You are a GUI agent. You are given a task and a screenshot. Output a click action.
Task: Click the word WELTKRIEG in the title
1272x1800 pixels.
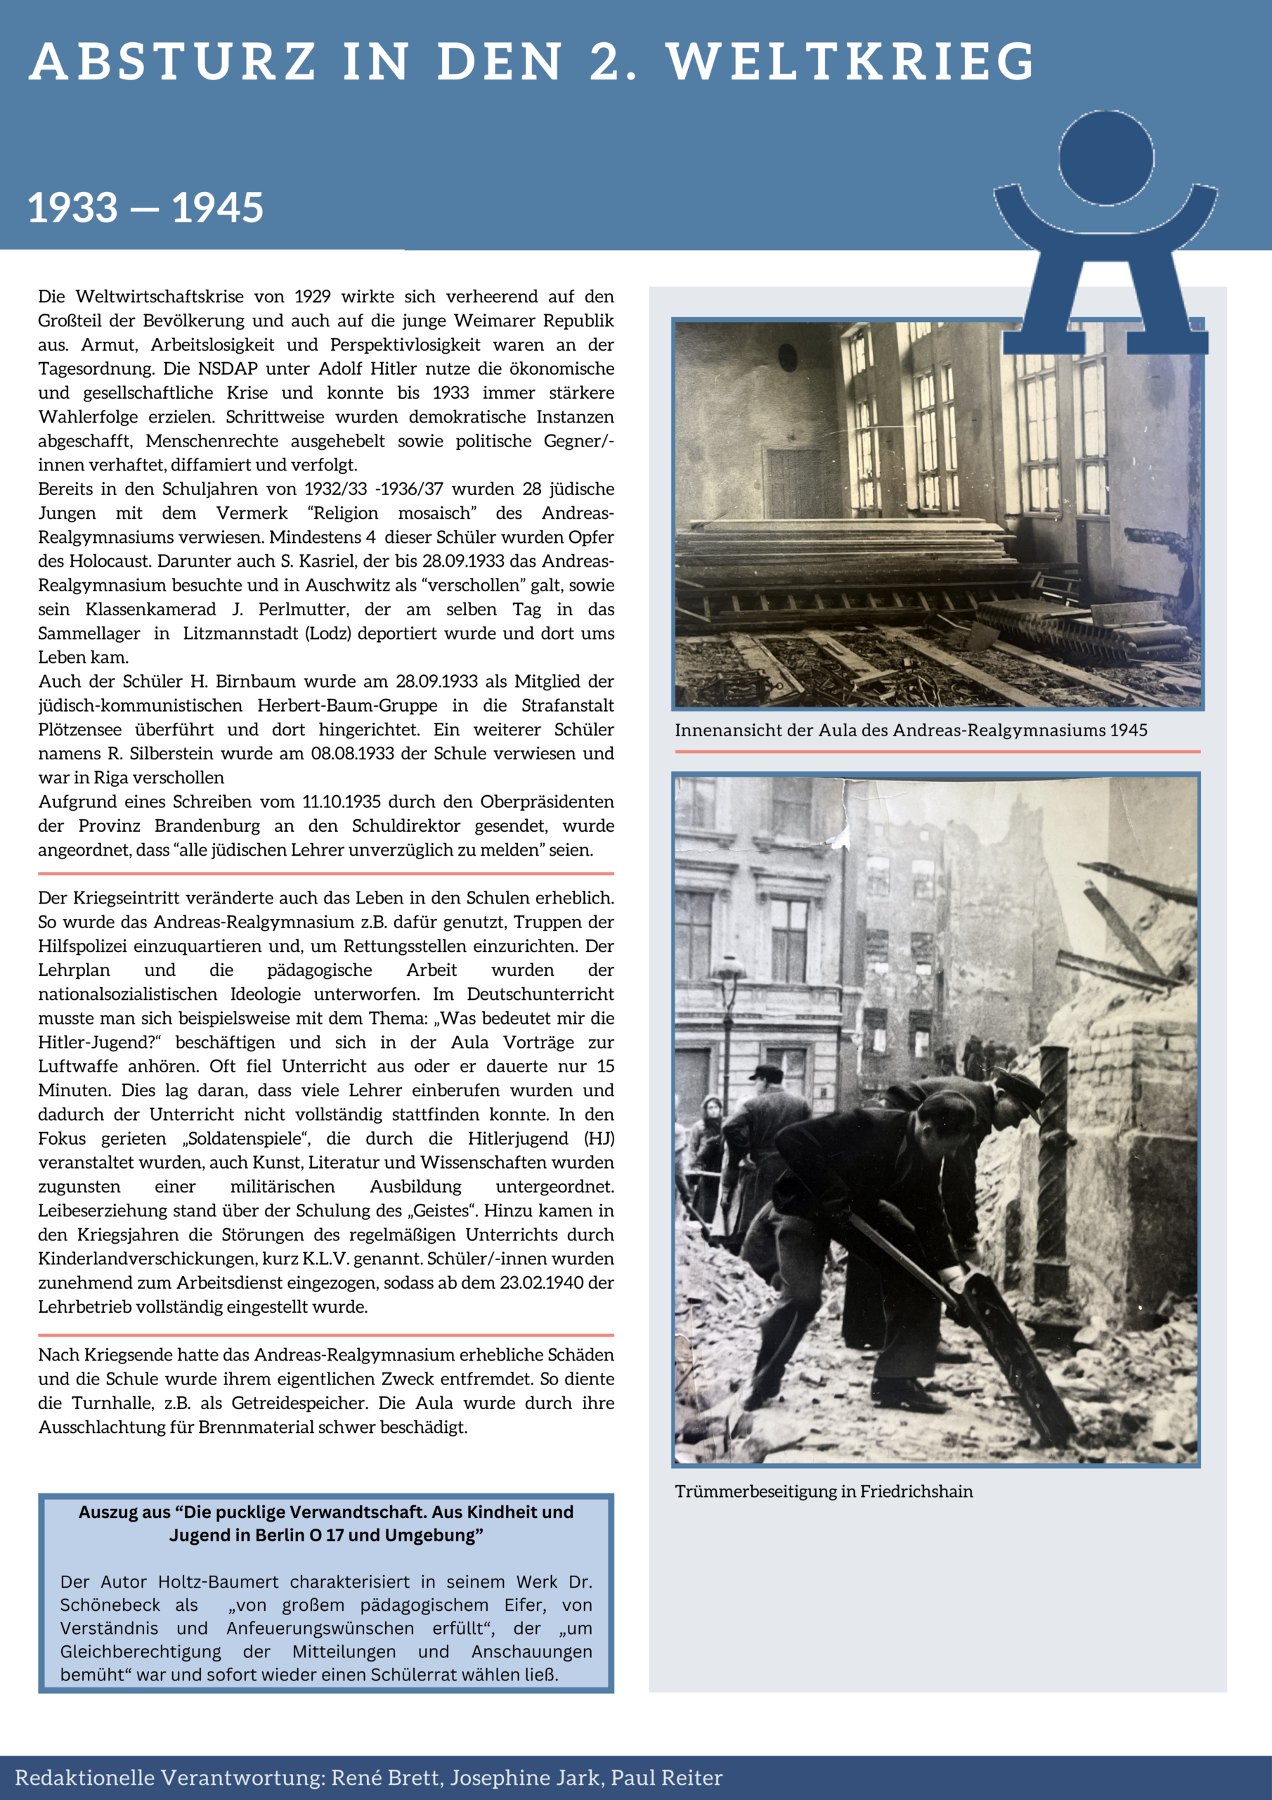pyautogui.click(x=850, y=61)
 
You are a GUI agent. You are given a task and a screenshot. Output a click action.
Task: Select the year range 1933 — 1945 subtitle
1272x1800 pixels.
pyautogui.click(x=145, y=207)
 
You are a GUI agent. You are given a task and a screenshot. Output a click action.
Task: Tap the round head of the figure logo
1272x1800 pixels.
pyautogui.click(x=1106, y=157)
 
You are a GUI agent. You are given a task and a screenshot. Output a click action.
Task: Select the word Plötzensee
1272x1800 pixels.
pyautogui.click(x=80, y=730)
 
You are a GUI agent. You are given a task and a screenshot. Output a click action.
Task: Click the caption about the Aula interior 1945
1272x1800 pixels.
pyautogui.click(x=911, y=731)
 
